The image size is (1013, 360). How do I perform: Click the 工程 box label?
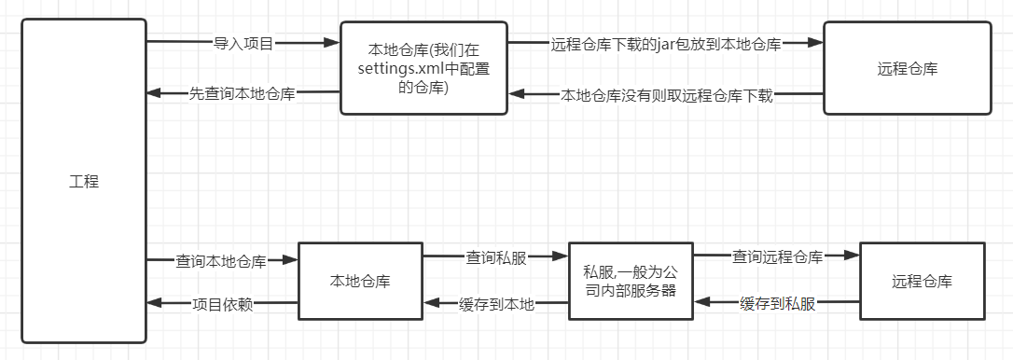coord(84,182)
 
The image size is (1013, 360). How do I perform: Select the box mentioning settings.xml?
coord(423,67)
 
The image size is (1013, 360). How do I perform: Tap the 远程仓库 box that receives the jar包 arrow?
coord(908,68)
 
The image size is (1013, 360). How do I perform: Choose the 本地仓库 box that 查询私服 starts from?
coord(359,281)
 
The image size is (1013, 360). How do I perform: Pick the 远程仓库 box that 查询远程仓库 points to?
coord(922,281)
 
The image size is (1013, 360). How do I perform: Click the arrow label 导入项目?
coord(244,43)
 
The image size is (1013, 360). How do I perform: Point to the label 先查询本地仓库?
coord(243,93)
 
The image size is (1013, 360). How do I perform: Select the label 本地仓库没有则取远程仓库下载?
coord(666,95)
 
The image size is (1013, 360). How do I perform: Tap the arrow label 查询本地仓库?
coord(221,261)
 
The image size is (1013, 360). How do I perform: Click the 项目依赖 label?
coord(221,303)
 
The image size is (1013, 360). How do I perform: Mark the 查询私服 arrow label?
coord(496,258)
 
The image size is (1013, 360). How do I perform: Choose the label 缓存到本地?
coord(496,303)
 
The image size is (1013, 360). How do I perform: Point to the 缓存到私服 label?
coord(777,303)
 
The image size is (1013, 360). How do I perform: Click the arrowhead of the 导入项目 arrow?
coord(331,43)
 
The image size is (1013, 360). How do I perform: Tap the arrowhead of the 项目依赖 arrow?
coord(155,303)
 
